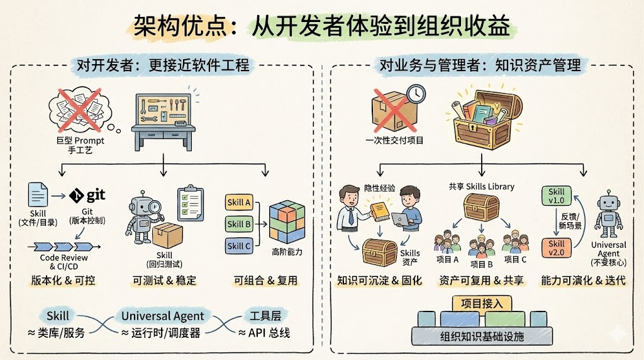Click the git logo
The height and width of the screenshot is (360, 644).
[x=87, y=195]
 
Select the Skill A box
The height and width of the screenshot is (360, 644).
[x=239, y=203]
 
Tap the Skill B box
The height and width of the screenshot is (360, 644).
[x=239, y=224]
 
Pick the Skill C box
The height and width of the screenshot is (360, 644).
[x=239, y=246]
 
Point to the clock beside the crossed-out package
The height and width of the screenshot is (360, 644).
[x=416, y=94]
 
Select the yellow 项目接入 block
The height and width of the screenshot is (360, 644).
[x=479, y=303]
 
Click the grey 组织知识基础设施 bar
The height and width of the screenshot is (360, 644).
[x=482, y=337]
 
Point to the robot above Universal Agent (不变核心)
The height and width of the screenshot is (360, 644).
[x=608, y=215]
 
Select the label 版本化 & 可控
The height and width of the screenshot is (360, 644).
[x=63, y=280]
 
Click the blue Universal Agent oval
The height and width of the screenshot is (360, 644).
[x=162, y=315]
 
